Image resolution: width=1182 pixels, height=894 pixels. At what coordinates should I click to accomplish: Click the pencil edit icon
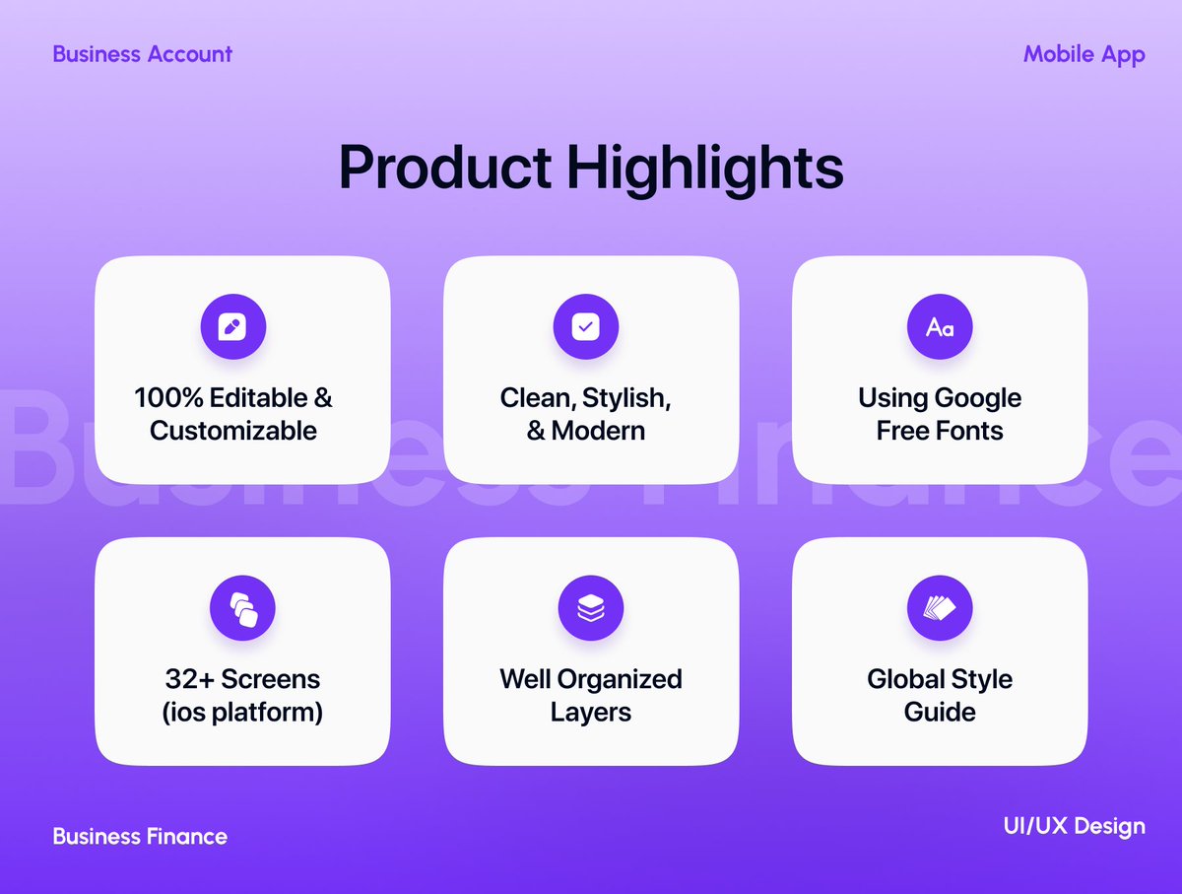pyautogui.click(x=233, y=327)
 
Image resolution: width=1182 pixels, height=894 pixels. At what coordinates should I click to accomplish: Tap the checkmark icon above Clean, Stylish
pyautogui.click(x=585, y=327)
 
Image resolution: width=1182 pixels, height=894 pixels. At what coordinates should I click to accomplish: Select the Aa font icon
pyautogui.click(x=940, y=327)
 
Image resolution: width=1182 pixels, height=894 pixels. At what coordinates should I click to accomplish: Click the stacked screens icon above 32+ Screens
pyautogui.click(x=242, y=608)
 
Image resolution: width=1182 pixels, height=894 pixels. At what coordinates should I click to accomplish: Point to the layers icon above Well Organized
pyautogui.click(x=591, y=608)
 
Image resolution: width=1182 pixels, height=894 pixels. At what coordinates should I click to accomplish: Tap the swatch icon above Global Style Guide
pyautogui.click(x=940, y=608)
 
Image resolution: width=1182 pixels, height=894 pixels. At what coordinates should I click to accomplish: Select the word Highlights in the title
pyautogui.click(x=705, y=170)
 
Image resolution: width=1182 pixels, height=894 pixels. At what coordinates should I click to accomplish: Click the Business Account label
pyautogui.click(x=143, y=54)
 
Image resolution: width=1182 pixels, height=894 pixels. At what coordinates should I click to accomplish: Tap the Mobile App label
pyautogui.click(x=1083, y=54)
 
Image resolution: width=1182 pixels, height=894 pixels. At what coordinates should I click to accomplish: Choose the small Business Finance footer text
pyautogui.click(x=140, y=837)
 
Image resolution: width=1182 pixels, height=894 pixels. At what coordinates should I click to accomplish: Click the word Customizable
pyautogui.click(x=233, y=431)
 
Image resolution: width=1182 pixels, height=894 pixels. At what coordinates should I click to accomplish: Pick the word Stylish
pyautogui.click(x=626, y=398)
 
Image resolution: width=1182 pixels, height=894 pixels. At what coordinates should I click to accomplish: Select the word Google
pyautogui.click(x=977, y=398)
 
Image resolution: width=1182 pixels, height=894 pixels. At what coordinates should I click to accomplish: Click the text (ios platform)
pyautogui.click(x=242, y=712)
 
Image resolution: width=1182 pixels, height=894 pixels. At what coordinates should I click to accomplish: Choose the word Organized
pyautogui.click(x=620, y=679)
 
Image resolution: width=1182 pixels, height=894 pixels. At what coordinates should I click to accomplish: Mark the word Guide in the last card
pyautogui.click(x=940, y=712)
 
